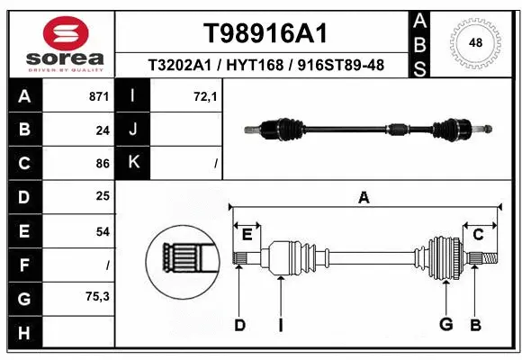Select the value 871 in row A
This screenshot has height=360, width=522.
coord(99,96)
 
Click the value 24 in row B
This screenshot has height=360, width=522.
coord(103,130)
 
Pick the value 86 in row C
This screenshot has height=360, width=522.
coord(103,164)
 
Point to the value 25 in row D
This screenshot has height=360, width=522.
coord(103,197)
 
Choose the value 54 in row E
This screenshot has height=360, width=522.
coord(103,231)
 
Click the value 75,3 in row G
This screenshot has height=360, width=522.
coord(97,296)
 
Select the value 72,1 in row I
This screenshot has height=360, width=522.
coord(205,96)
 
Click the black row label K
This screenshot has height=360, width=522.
coord(133,163)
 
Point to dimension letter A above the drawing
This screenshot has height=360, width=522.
coord(364,198)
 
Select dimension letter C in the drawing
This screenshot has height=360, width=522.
coord(479,235)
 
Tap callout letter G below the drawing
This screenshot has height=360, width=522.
coord(445,325)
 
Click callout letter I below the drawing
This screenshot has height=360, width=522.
coord(280,325)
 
